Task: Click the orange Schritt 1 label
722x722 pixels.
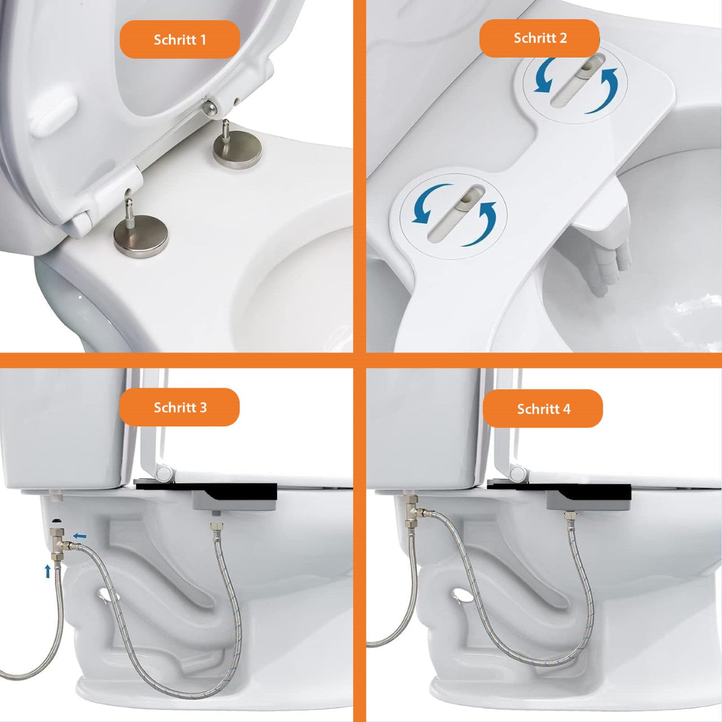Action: [x=179, y=39]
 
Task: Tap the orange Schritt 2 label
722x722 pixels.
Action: [x=540, y=38]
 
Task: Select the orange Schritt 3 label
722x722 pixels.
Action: [x=179, y=407]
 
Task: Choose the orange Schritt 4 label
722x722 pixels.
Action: [x=543, y=408]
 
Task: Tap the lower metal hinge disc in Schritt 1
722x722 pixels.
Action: [x=141, y=236]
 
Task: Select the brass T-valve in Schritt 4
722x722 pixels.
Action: [x=414, y=512]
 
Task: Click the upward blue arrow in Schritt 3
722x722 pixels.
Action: [x=47, y=571]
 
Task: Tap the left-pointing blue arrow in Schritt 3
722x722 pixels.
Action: [x=80, y=536]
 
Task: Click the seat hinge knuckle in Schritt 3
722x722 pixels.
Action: [x=165, y=473]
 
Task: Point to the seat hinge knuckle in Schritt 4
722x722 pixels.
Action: [x=517, y=473]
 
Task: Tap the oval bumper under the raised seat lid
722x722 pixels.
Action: [x=54, y=115]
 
